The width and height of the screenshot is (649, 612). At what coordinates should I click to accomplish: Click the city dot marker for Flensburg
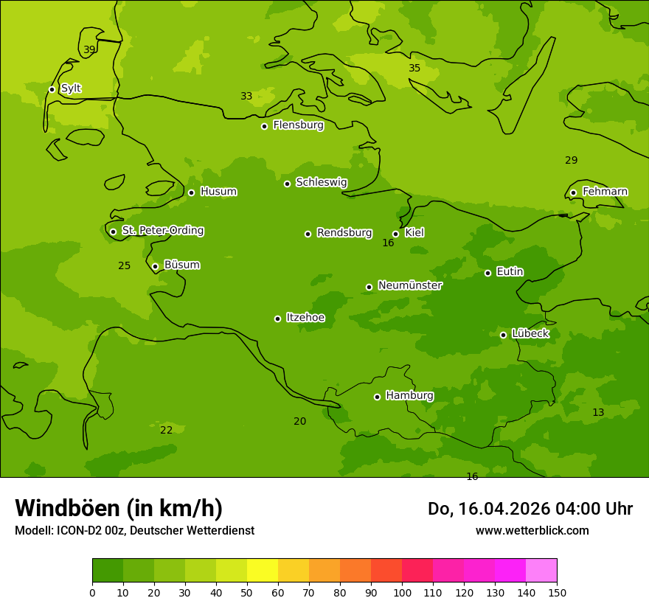click(264, 126)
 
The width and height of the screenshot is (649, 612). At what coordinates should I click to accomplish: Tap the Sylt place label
click(71, 88)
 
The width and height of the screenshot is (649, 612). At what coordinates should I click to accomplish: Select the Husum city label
click(218, 192)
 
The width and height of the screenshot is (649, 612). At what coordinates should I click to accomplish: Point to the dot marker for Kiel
click(395, 234)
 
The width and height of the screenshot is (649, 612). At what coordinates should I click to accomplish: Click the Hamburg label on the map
click(409, 395)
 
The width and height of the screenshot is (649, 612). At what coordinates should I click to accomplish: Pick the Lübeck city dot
click(503, 335)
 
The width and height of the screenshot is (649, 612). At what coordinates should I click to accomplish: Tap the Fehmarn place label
click(605, 192)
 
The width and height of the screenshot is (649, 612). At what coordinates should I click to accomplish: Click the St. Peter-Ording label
click(162, 231)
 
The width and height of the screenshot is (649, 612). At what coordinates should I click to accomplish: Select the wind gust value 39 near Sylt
click(89, 50)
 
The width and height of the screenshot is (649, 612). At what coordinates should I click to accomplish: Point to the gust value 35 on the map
click(414, 69)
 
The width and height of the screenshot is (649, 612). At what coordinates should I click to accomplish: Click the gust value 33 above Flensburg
click(246, 97)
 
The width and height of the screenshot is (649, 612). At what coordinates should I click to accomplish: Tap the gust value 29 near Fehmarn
click(571, 161)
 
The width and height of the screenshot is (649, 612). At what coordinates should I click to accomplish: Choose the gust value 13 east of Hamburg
click(598, 413)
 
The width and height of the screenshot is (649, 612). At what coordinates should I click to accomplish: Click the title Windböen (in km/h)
click(119, 508)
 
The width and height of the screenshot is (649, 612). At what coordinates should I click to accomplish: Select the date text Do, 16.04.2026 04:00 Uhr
click(530, 509)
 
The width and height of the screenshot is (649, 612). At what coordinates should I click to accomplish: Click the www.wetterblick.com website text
click(532, 531)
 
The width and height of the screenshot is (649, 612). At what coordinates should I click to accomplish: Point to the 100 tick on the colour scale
click(402, 592)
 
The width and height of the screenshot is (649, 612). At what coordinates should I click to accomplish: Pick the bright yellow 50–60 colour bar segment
click(263, 571)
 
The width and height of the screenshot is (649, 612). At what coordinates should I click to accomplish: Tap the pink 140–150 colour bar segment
click(541, 571)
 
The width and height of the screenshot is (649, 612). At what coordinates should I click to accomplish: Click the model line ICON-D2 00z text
click(134, 531)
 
